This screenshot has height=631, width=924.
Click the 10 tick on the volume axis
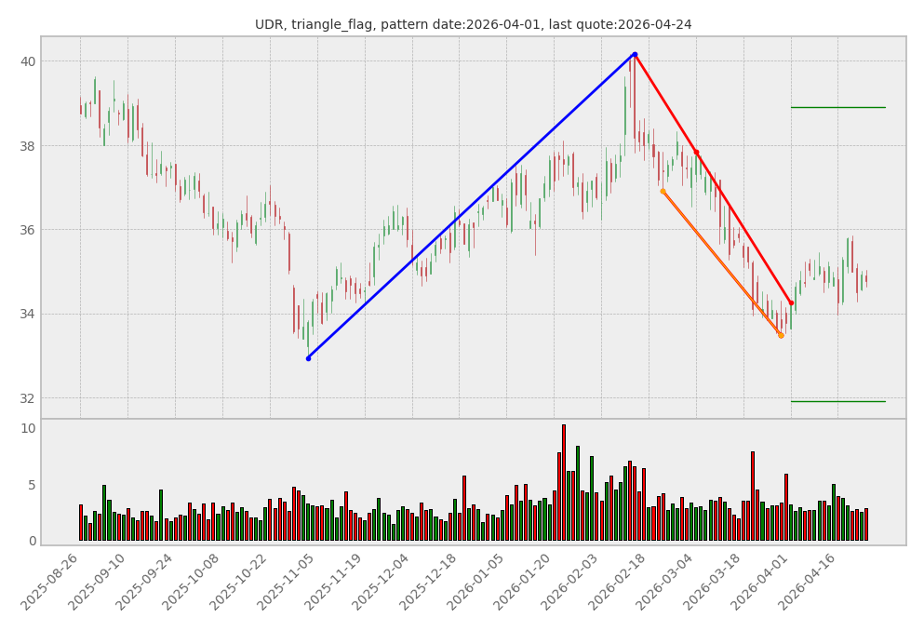point(28,429)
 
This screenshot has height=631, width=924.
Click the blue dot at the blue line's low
point(308,358)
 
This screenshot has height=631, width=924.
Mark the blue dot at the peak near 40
point(635,54)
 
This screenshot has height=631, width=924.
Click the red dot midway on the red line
point(696,153)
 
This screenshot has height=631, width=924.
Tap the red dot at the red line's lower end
point(791,302)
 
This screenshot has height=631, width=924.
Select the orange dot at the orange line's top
point(663,192)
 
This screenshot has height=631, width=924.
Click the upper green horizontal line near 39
point(837,107)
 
